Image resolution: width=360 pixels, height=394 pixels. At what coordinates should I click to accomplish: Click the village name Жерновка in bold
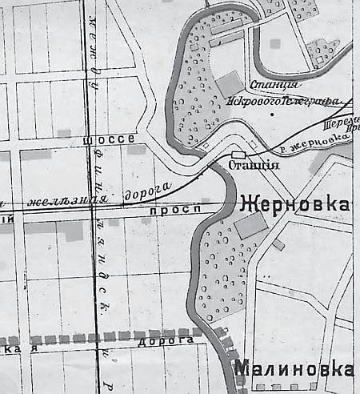point(294,205)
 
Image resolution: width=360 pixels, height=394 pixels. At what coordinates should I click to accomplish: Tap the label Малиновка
point(294,369)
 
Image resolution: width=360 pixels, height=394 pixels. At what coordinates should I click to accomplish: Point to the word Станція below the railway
point(254,167)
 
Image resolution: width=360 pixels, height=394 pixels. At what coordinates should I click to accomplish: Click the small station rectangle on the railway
point(238,154)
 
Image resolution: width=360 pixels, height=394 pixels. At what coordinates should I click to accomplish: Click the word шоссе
point(109,139)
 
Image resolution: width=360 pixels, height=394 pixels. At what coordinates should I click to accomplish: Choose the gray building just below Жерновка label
point(250,227)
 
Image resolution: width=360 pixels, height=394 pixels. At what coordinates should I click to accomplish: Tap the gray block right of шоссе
point(137,149)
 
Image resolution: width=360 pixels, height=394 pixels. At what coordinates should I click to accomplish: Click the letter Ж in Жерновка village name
point(246,205)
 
